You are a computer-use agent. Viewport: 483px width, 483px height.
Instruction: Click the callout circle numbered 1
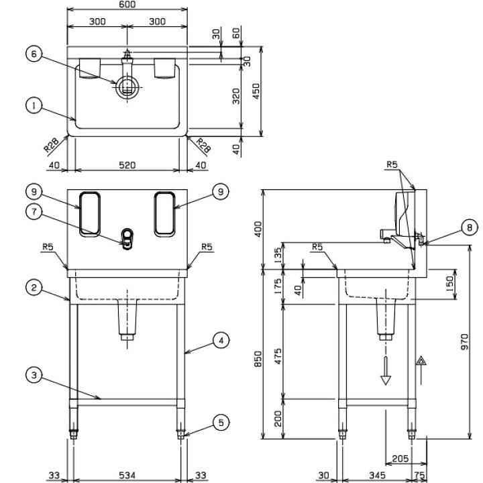pos(32,105)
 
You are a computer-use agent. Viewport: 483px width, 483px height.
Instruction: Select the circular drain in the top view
pos(126,87)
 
